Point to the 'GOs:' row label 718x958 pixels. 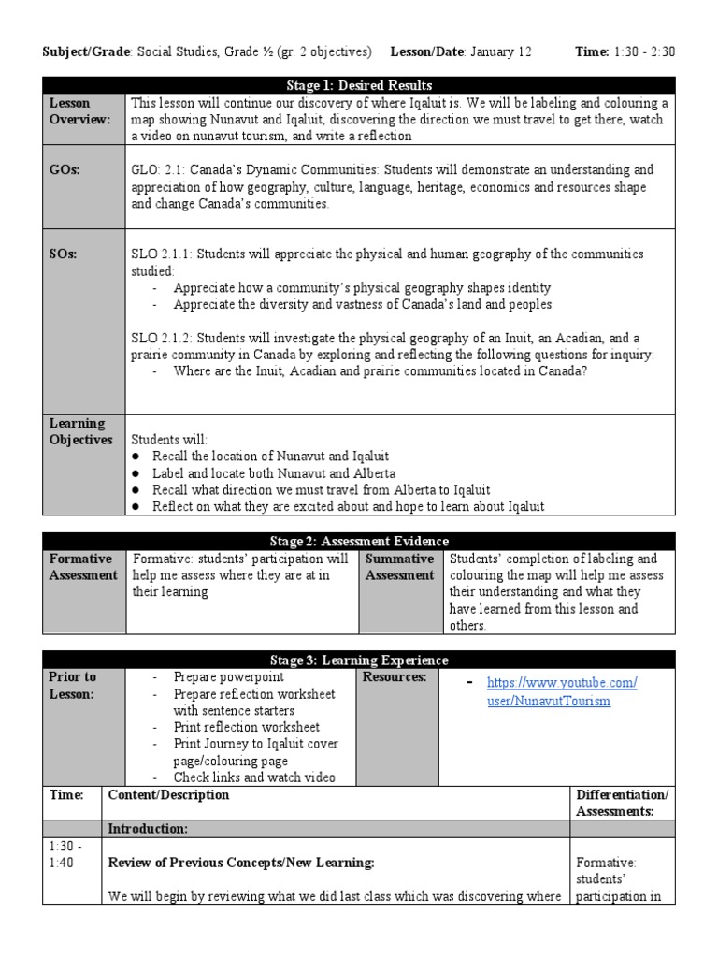point(63,170)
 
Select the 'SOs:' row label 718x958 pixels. point(62,254)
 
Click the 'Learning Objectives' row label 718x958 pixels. point(80,431)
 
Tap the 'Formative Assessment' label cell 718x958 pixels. point(83,567)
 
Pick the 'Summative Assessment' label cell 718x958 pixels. point(399,567)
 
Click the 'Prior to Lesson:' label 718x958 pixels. point(72,685)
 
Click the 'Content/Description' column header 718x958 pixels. point(168,794)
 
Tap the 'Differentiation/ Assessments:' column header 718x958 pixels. point(622,803)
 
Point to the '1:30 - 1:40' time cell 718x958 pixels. point(63,852)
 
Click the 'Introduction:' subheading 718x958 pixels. point(148,828)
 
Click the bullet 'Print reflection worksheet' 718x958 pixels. point(246,727)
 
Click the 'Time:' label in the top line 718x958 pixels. point(591,51)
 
